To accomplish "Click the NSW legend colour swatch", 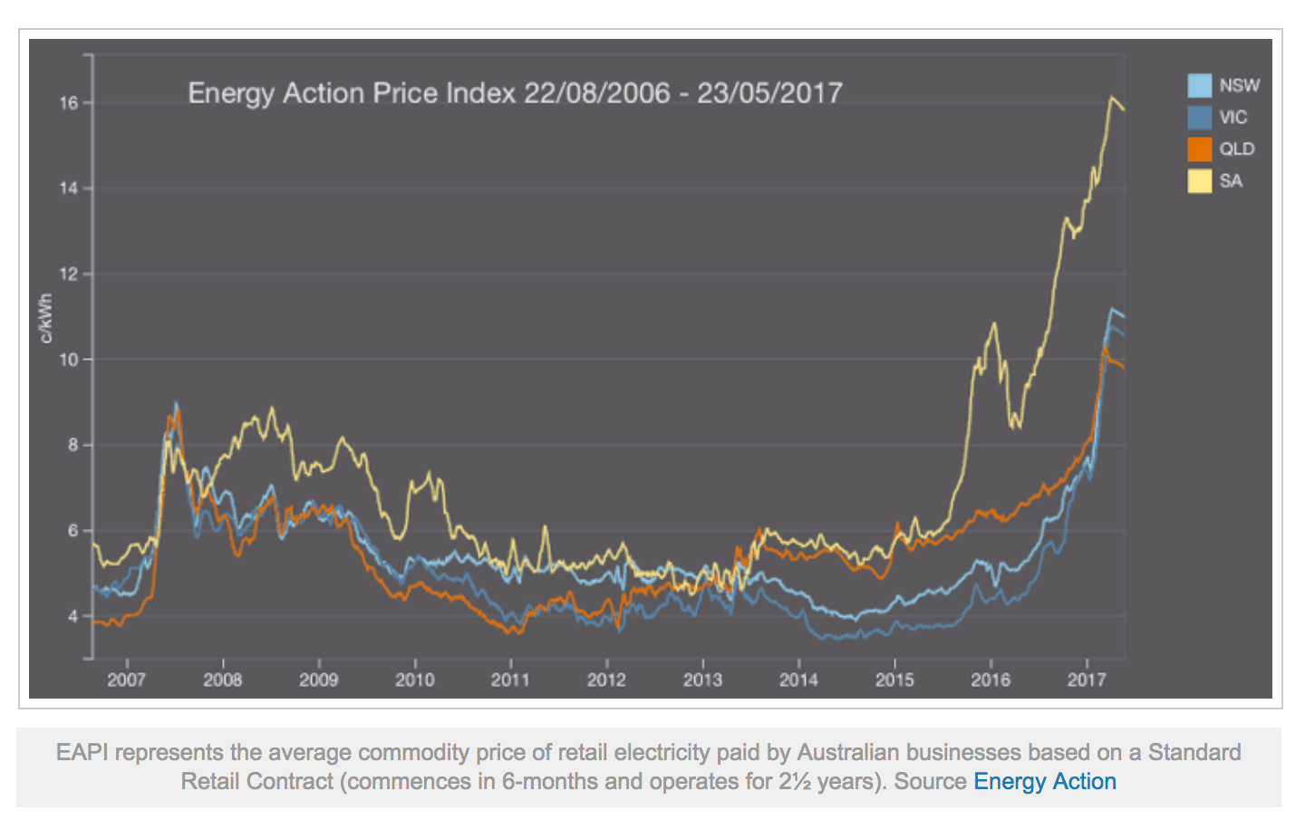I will click(1199, 86).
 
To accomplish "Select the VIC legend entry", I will click(1232, 118).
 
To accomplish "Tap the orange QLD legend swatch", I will click(1199, 149).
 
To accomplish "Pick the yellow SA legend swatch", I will click(1199, 181).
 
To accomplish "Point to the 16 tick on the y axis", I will click(69, 103).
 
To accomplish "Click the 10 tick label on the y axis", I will click(69, 360).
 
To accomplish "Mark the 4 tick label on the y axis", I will click(73, 617).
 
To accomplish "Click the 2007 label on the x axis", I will click(126, 680).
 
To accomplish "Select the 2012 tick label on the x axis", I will click(606, 680).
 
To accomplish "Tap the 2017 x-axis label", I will click(1086, 680).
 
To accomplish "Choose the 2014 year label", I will click(798, 680).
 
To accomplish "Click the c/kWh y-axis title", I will click(45, 318).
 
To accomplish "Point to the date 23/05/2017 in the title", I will click(769, 93).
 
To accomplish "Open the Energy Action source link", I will click(1044, 782).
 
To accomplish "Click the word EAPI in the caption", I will click(82, 753).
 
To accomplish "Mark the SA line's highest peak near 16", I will click(1111, 97).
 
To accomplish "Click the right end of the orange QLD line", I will click(1124, 367).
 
